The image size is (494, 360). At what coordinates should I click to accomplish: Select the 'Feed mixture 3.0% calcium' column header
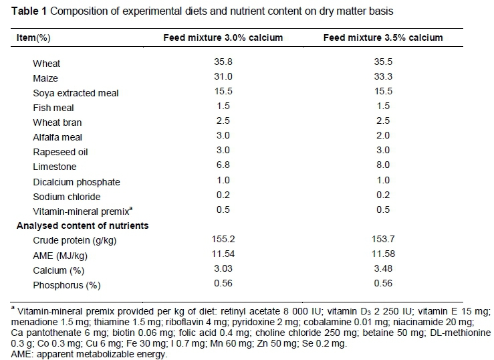(223, 38)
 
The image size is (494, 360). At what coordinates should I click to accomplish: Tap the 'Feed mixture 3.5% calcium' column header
(383, 38)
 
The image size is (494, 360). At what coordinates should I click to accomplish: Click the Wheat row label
(46, 64)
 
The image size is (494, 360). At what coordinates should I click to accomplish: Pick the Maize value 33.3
(383, 78)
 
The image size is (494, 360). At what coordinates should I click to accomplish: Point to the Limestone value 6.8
(223, 166)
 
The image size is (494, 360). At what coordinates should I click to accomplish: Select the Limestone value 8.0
(383, 166)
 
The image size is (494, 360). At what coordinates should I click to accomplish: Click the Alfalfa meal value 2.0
(383, 137)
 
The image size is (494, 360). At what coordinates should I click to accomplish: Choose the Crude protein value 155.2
(223, 240)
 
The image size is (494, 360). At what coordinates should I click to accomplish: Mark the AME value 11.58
(383, 254)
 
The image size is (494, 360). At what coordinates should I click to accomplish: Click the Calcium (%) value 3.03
(223, 269)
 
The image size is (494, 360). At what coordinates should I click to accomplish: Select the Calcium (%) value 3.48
(383, 269)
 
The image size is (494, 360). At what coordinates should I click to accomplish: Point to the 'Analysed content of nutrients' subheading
(82, 226)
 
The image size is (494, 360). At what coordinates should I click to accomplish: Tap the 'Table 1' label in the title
(21, 11)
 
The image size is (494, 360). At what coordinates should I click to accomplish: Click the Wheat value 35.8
(223, 63)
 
